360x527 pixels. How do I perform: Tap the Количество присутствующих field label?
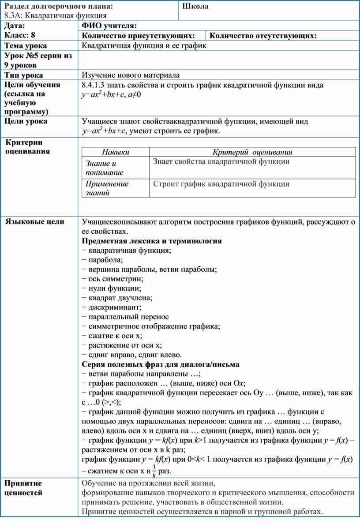139,36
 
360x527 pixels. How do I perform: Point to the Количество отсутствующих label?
263,36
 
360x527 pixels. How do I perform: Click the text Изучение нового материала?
131,75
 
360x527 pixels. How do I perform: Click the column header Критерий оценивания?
253,152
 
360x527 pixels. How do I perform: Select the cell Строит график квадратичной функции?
221,184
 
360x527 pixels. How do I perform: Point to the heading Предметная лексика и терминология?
152,241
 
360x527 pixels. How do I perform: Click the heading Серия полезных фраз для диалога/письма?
161,364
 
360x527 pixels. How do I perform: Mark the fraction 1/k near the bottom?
154,471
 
